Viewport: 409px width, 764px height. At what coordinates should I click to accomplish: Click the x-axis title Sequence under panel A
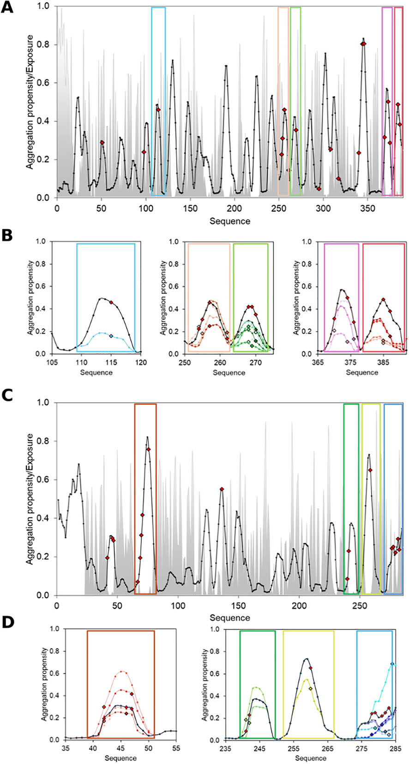click(x=229, y=221)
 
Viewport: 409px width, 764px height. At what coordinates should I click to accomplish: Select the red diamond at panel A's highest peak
click(x=364, y=43)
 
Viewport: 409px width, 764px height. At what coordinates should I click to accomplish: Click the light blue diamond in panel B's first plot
click(x=111, y=337)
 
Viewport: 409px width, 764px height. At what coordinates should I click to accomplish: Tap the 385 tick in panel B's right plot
click(x=383, y=363)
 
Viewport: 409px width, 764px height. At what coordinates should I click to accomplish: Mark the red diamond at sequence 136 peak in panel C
click(x=222, y=489)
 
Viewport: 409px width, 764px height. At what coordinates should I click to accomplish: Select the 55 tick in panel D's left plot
click(x=176, y=749)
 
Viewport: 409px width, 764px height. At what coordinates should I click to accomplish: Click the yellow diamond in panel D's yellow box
click(x=311, y=689)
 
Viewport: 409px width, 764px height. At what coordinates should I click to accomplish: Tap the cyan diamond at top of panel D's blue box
click(x=392, y=664)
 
